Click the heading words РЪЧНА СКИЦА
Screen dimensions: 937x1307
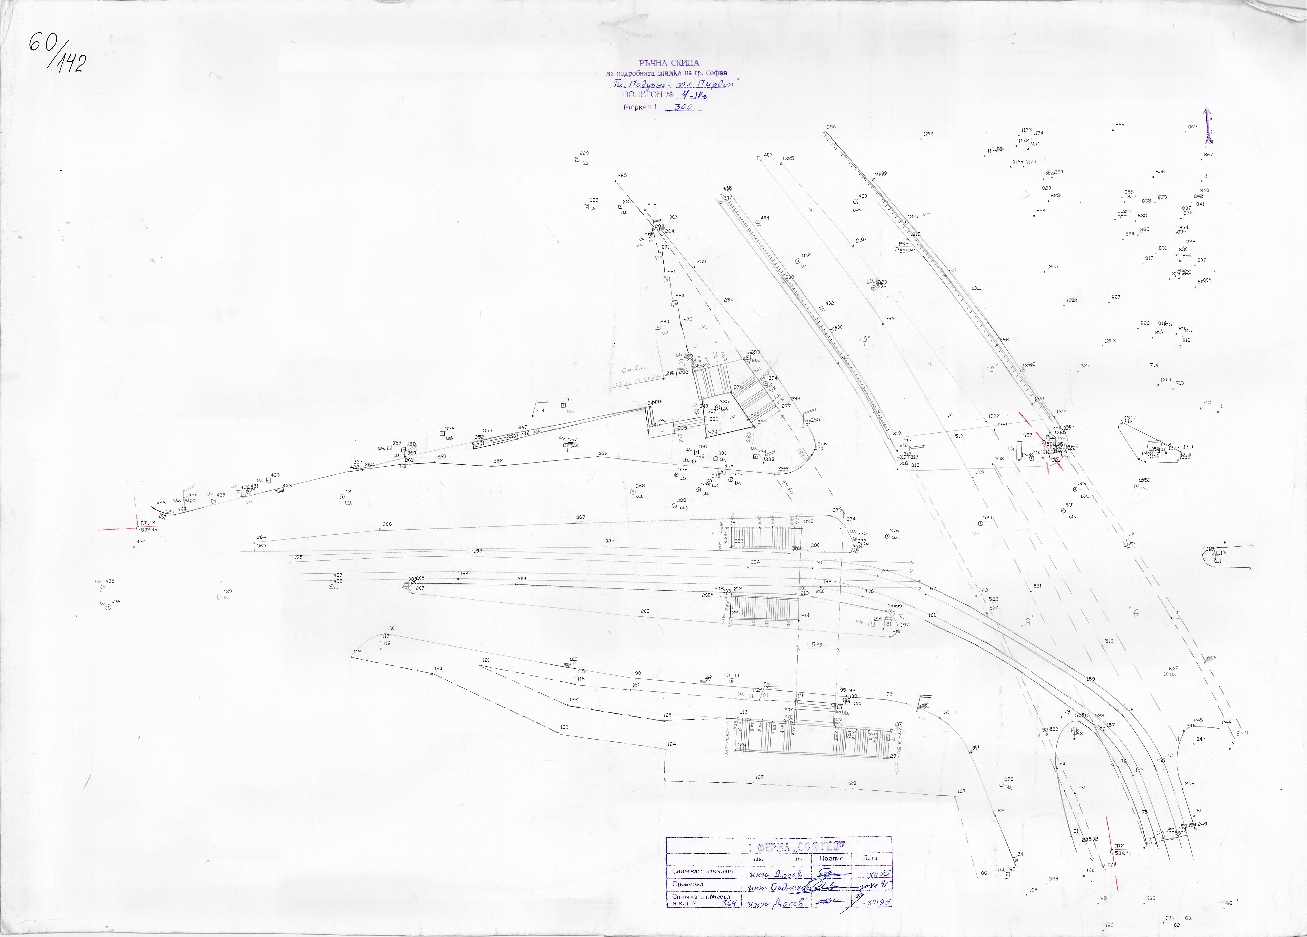[x=669, y=63]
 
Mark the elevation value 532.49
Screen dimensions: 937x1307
[x=149, y=530]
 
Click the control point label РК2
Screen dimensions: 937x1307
[x=904, y=244]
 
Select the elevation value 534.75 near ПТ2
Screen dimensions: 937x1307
[x=1123, y=852]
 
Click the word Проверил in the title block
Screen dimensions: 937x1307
[x=688, y=883]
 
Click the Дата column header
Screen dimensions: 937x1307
[x=870, y=858]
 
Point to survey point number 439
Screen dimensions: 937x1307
[x=228, y=591]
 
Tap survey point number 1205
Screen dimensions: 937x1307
[x=1052, y=267]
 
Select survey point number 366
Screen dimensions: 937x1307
[x=387, y=524]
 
